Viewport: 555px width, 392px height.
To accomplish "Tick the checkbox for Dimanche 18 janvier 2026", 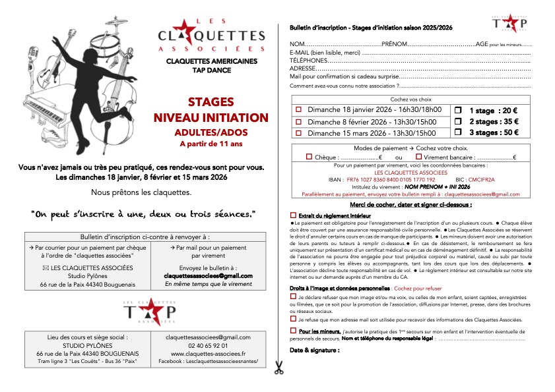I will (298, 110).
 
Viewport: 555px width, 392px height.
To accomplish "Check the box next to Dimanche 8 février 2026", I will (298, 121).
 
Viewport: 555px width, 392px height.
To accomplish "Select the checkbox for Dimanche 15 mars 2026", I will (298, 133).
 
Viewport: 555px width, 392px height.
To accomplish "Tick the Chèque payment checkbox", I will (310, 157).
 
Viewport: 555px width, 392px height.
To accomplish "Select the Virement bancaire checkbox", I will (418, 157).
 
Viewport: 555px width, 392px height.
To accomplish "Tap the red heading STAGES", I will (211, 102).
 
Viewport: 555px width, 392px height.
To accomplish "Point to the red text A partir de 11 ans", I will (211, 143).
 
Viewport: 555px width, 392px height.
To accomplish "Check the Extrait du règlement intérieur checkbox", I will (294, 216).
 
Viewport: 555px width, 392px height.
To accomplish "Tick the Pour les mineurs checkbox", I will (294, 330).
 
